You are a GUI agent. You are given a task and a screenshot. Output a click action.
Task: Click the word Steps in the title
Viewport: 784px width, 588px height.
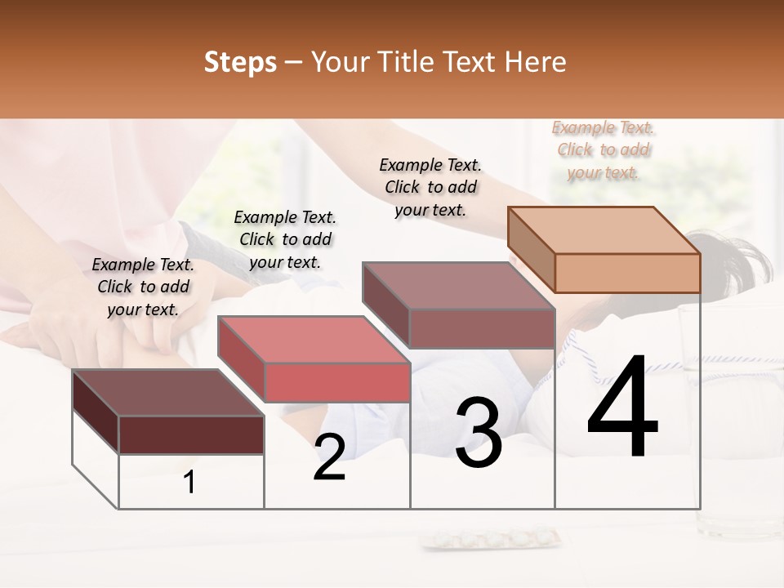240,62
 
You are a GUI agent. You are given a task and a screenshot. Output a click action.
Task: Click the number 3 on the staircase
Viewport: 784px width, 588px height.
479,433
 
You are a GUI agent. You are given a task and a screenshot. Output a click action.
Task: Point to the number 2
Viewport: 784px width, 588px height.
329,458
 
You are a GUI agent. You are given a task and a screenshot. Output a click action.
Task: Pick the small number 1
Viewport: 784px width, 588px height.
189,483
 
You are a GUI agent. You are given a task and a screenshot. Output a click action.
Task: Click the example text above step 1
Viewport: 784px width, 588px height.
143,287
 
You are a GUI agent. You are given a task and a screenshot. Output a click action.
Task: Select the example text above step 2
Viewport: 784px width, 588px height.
285,239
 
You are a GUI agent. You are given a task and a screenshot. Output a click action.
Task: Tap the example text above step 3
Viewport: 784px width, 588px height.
430,187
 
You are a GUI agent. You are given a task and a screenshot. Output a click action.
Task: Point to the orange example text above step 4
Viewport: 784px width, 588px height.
603,149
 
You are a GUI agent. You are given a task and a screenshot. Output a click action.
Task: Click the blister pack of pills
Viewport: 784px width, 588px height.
490,539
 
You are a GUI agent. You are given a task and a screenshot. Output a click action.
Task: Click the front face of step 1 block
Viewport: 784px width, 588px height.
191,434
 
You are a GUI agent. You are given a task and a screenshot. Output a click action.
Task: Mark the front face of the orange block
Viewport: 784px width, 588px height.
627,273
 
